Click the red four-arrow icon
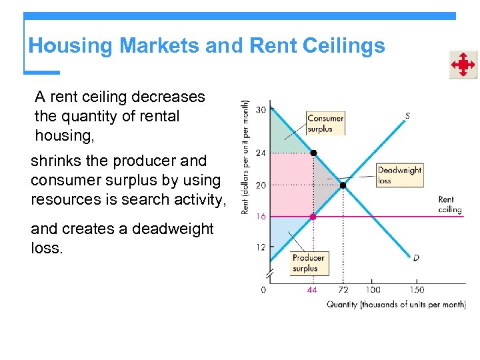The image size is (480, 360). point(463,65)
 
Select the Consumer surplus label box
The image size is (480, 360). point(325,123)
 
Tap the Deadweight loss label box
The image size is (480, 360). point(399,175)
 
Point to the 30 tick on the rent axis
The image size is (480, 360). point(260,109)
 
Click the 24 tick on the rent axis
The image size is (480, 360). point(260,153)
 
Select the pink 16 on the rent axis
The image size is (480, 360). point(260,217)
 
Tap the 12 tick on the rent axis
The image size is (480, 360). point(260,247)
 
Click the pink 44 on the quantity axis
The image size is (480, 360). point(312,290)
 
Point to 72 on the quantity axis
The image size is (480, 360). point(343,290)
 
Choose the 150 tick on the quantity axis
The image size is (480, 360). point(417,290)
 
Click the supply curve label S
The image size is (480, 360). point(407,116)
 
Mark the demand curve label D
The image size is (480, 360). point(415,257)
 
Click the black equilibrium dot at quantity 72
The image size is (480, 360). point(343,185)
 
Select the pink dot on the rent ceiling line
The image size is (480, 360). point(313,217)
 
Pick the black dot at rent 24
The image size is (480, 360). point(313,153)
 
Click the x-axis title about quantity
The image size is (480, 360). point(395,305)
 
